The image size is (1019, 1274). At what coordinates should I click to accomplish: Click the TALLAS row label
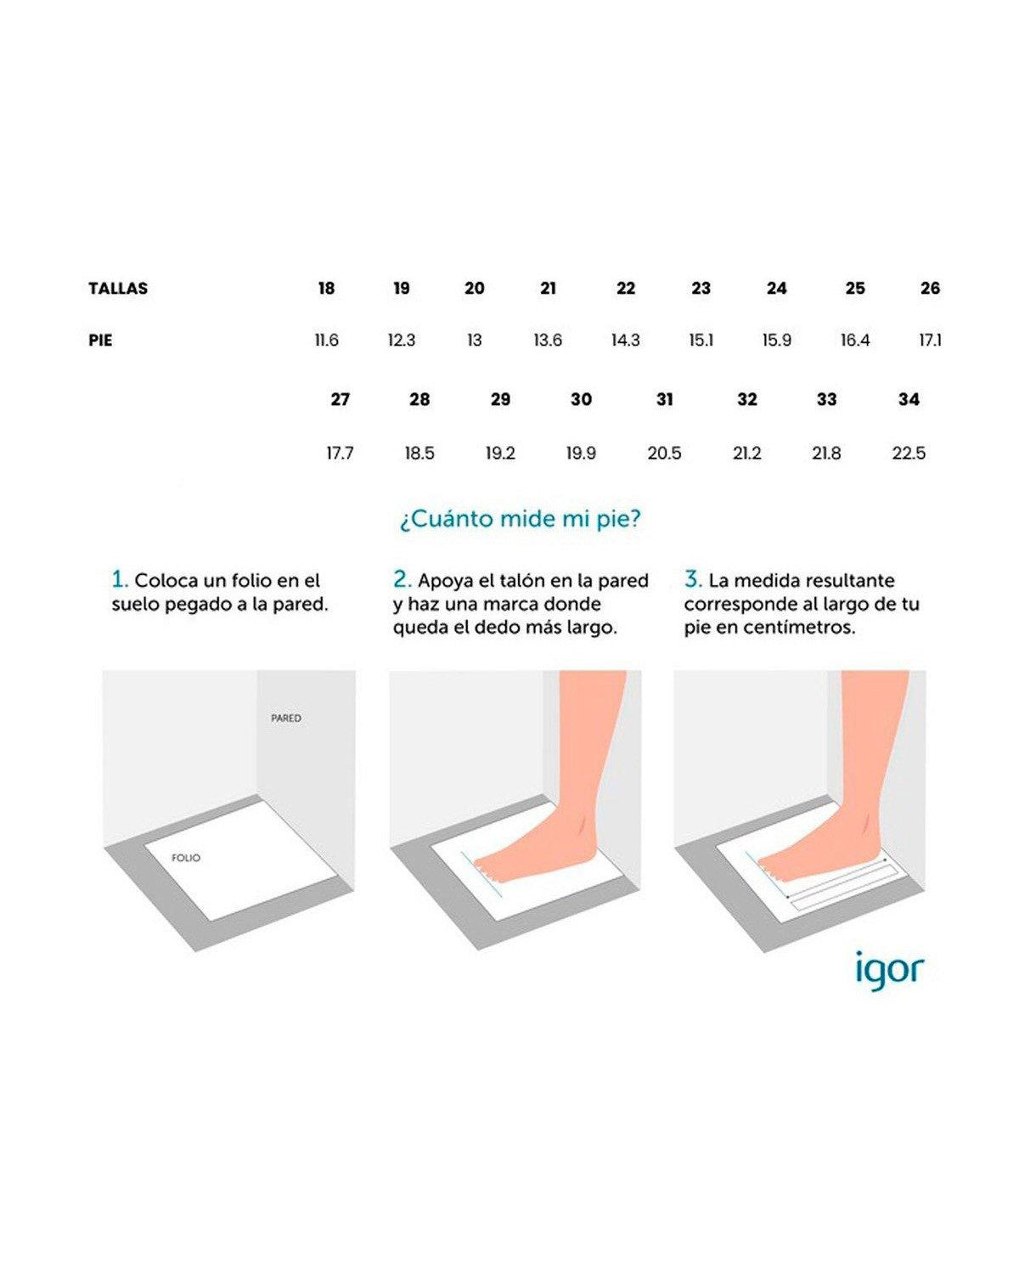118,288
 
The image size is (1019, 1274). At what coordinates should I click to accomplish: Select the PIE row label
100,341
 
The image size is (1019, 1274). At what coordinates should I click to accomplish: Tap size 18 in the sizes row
326,288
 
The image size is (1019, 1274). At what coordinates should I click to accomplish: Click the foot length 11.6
326,341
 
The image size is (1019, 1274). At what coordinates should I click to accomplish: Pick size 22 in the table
625,288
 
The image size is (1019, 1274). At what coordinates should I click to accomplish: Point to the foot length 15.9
776,341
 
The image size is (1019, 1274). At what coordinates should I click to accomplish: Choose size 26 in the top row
930,288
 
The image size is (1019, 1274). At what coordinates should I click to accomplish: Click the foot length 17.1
930,341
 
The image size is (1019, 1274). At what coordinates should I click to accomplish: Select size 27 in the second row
340,399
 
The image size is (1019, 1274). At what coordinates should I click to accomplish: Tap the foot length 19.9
581,454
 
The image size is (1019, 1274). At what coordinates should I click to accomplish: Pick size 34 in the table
909,399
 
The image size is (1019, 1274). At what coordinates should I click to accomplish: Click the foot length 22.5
909,454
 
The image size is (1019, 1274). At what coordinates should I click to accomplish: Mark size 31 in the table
664,399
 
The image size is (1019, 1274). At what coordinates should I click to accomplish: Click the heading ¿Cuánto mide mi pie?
521,520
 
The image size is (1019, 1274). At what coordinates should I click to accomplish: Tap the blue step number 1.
120,579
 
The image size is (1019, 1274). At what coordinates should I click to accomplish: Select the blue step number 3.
694,579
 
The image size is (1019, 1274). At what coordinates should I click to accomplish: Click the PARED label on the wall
286,718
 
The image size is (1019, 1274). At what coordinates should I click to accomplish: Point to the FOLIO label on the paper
186,858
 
